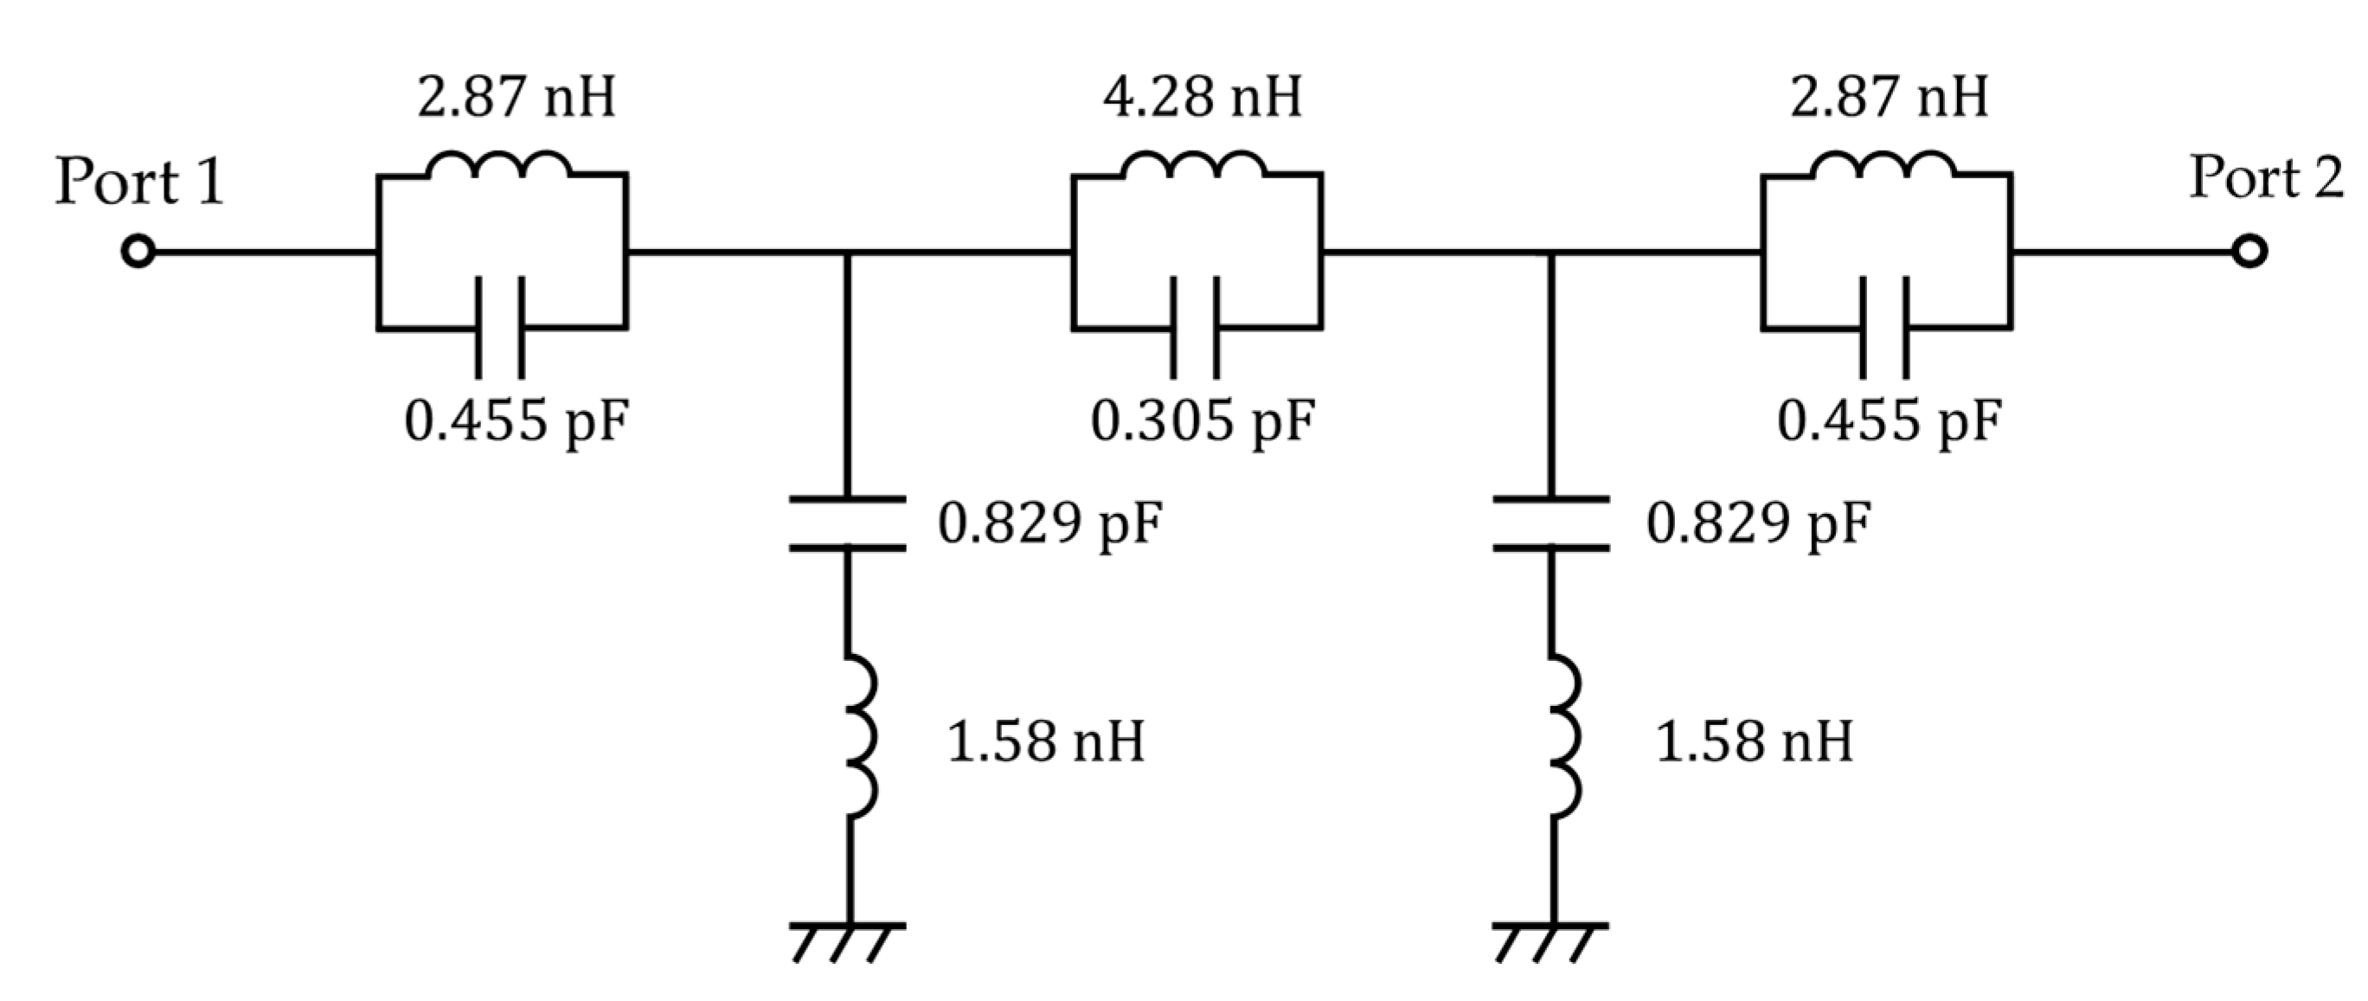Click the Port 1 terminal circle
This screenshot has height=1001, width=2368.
pyautogui.click(x=138, y=251)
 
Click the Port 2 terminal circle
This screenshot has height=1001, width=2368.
pyautogui.click(x=2249, y=251)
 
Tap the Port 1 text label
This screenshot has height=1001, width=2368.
pyautogui.click(x=140, y=182)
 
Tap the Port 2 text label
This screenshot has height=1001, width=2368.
pyautogui.click(x=2266, y=178)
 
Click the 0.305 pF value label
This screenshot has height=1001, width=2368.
pyautogui.click(x=1203, y=421)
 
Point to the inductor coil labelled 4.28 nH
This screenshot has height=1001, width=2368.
pyautogui.click(x=1193, y=166)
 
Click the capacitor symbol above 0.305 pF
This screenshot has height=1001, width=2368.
pyautogui.click(x=1194, y=327)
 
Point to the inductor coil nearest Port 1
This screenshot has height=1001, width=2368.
pyautogui.click(x=498, y=166)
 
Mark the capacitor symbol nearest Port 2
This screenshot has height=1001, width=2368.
pyautogui.click(x=1884, y=327)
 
